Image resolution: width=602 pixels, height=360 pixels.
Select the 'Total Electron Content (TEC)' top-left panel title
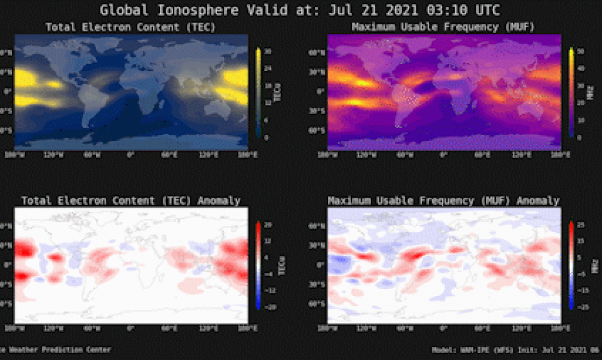[131, 28]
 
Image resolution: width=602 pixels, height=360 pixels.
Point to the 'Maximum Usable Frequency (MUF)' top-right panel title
[444, 28]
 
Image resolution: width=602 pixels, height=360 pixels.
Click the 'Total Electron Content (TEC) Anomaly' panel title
[131, 200]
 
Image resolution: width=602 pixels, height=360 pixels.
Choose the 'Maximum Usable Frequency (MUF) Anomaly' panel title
[444, 200]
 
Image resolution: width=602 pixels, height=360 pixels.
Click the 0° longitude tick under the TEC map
[131, 156]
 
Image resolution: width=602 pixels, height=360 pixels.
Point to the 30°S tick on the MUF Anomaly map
[318, 284]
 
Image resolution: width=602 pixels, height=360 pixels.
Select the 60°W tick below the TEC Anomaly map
[92, 329]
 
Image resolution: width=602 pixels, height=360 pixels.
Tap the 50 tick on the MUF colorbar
[580, 50]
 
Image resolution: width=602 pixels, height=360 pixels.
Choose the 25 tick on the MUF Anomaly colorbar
[580, 224]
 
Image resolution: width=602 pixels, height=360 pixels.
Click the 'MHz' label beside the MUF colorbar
[593, 94]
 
